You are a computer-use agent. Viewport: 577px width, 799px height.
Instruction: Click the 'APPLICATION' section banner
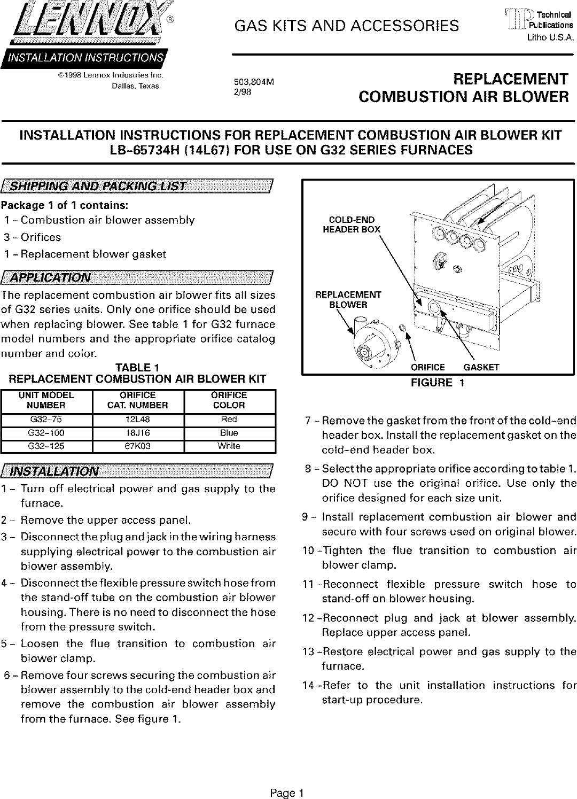[138, 277]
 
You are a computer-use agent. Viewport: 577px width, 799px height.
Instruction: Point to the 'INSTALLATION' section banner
[138, 471]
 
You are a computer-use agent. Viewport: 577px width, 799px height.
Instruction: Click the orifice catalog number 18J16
[138, 433]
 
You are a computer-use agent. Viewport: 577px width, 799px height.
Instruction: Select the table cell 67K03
[138, 446]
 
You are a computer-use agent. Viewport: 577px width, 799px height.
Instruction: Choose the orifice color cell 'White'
[229, 446]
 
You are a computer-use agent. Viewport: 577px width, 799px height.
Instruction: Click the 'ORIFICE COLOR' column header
[229, 400]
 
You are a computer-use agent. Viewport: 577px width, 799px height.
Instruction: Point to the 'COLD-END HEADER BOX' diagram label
[352, 224]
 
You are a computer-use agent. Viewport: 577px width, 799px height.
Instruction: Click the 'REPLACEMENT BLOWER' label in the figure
[348, 300]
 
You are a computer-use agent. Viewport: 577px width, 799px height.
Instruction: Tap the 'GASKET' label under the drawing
[481, 367]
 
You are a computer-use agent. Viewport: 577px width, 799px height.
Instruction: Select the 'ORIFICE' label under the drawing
[427, 367]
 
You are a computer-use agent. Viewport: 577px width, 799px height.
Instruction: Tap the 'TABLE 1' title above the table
[138, 368]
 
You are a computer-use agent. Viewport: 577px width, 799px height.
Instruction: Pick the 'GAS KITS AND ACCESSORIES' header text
[347, 25]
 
